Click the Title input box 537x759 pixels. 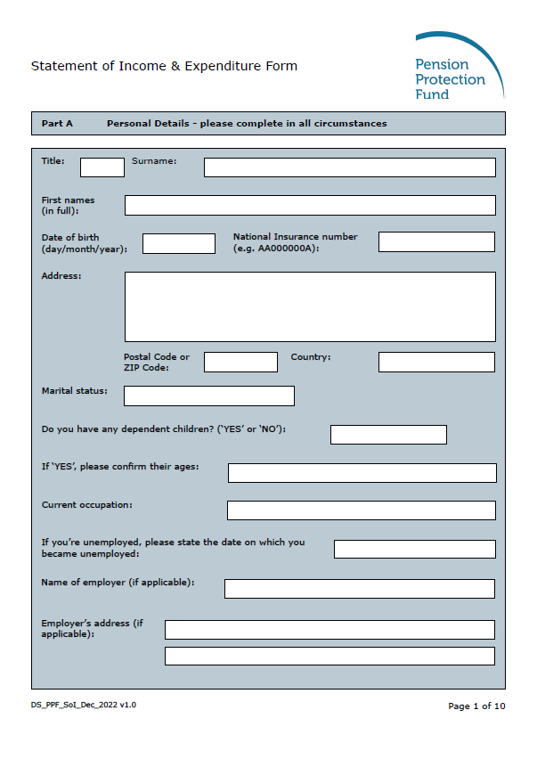coord(102,167)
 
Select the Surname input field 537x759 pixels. coord(349,167)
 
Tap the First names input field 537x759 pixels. coord(310,205)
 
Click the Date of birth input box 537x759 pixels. coord(179,243)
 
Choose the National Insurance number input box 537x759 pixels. coord(436,241)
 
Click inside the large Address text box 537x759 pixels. coord(310,306)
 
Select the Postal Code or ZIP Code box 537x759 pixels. coord(240,362)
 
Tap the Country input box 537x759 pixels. coord(436,362)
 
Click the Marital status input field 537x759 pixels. coord(209,396)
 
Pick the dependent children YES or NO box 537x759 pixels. coord(388,435)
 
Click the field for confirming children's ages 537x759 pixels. coord(362,473)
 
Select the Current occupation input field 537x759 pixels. coord(361,510)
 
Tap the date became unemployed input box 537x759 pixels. coord(414,549)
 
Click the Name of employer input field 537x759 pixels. coord(359,589)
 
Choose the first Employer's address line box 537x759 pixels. coord(330,630)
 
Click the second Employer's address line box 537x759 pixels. coord(330,657)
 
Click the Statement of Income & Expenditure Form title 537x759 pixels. coord(164,66)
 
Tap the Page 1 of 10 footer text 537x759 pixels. coord(476,706)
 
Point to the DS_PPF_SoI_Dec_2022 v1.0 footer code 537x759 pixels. coord(84,705)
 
